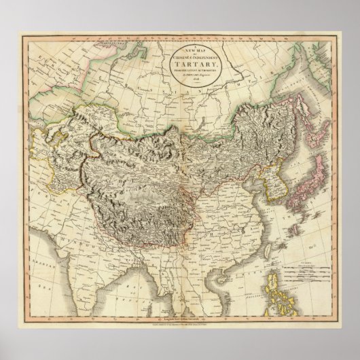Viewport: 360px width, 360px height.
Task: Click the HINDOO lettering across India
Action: click(x=71, y=240)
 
